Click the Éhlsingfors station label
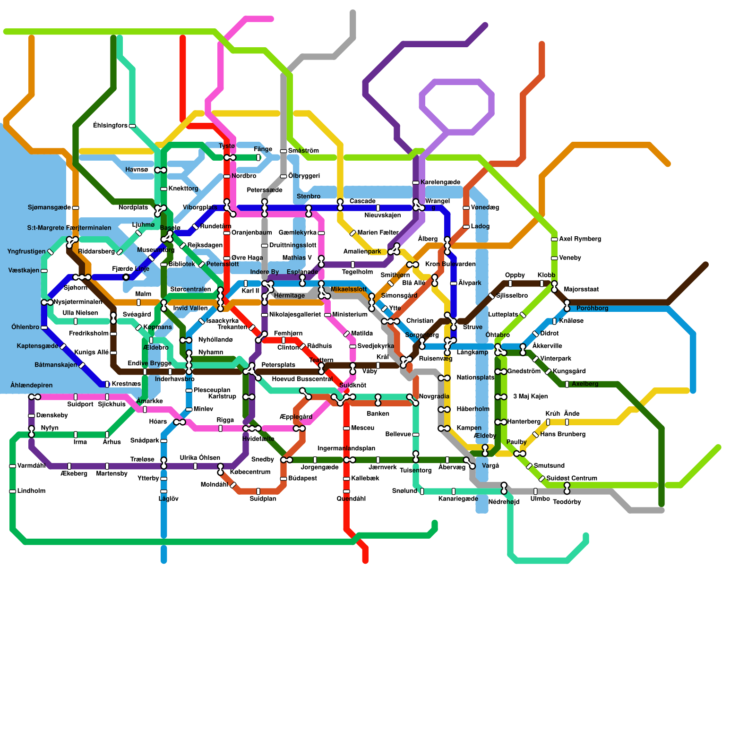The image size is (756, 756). pyautogui.click(x=110, y=126)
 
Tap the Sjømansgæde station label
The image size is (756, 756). pyautogui.click(x=49, y=207)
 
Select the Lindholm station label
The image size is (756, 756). pyautogui.click(x=31, y=491)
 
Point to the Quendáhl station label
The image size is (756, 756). pyautogui.click(x=351, y=498)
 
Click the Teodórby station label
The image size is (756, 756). pyautogui.click(x=567, y=502)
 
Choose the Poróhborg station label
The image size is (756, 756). pyautogui.click(x=592, y=308)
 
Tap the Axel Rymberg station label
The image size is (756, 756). pyautogui.click(x=580, y=239)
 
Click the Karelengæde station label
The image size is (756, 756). pyautogui.click(x=440, y=182)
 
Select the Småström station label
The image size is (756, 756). pyautogui.click(x=303, y=151)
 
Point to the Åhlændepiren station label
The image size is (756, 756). pyautogui.click(x=32, y=385)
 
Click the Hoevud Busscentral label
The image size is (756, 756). pyautogui.click(x=302, y=379)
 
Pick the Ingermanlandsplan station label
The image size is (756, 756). pyautogui.click(x=346, y=448)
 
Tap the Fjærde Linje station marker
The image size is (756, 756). pyautogui.click(x=126, y=277)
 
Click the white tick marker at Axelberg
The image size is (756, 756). pyautogui.click(x=567, y=384)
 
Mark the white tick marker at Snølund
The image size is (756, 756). pyautogui.click(x=422, y=491)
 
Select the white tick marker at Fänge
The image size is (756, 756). pyautogui.click(x=258, y=157)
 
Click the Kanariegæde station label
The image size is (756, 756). pyautogui.click(x=458, y=499)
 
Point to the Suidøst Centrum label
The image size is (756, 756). pyautogui.click(x=572, y=478)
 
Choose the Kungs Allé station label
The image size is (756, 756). pyautogui.click(x=92, y=352)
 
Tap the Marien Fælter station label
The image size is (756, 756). pyautogui.click(x=378, y=232)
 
